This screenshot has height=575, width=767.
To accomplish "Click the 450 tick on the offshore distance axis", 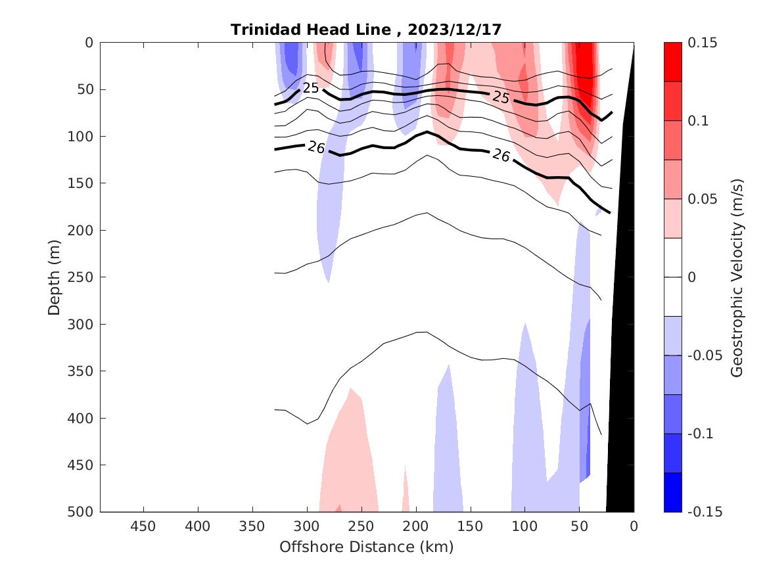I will pyautogui.click(x=143, y=526).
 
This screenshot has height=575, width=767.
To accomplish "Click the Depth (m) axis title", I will pyautogui.click(x=54, y=277).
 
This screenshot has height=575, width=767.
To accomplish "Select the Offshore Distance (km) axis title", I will pyautogui.click(x=366, y=547).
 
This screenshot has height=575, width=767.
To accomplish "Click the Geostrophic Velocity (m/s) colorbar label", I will pyautogui.click(x=737, y=277).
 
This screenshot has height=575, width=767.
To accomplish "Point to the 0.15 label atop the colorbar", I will pyautogui.click(x=703, y=43).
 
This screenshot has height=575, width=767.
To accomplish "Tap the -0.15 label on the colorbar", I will pyautogui.click(x=705, y=512).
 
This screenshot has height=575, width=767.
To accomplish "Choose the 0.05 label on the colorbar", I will pyautogui.click(x=703, y=199).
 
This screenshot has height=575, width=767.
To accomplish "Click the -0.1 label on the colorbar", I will pyautogui.click(x=702, y=434).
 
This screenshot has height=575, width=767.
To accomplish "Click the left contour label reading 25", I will pyautogui.click(x=311, y=87).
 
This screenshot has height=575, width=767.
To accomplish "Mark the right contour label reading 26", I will pyautogui.click(x=501, y=155).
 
